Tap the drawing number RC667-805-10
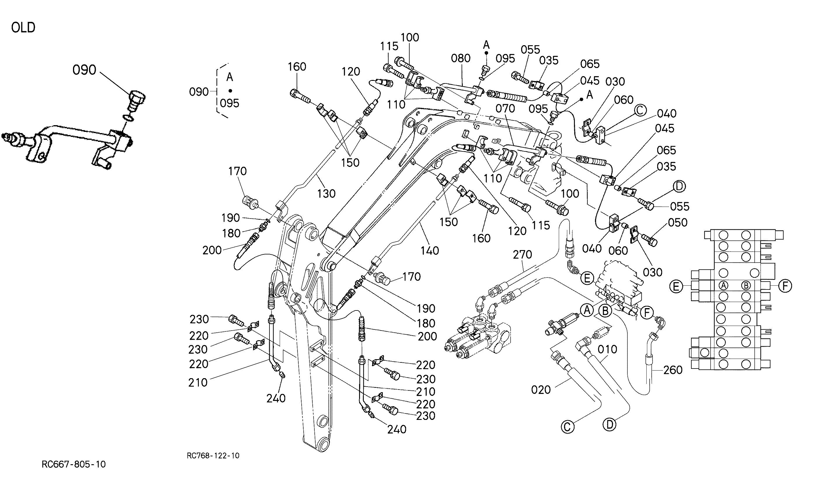[74, 464]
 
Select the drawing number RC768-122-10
[213, 455]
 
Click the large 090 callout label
[84, 70]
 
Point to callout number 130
[326, 194]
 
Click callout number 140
[430, 251]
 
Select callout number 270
[522, 254]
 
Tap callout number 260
[673, 370]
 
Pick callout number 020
[541, 390]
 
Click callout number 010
[607, 350]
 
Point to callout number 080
[461, 58]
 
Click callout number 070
[505, 108]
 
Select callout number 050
[678, 223]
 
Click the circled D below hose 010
[609, 425]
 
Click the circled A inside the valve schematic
[723, 285]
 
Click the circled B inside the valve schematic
[746, 285]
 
